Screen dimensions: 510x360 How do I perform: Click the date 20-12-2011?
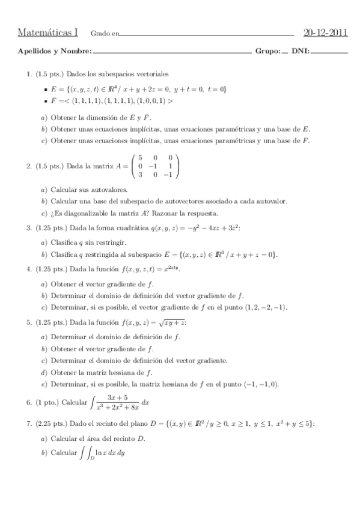[x=326, y=31]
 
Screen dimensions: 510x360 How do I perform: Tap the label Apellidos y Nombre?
[x=55, y=52]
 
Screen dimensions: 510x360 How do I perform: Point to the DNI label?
[x=300, y=52]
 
